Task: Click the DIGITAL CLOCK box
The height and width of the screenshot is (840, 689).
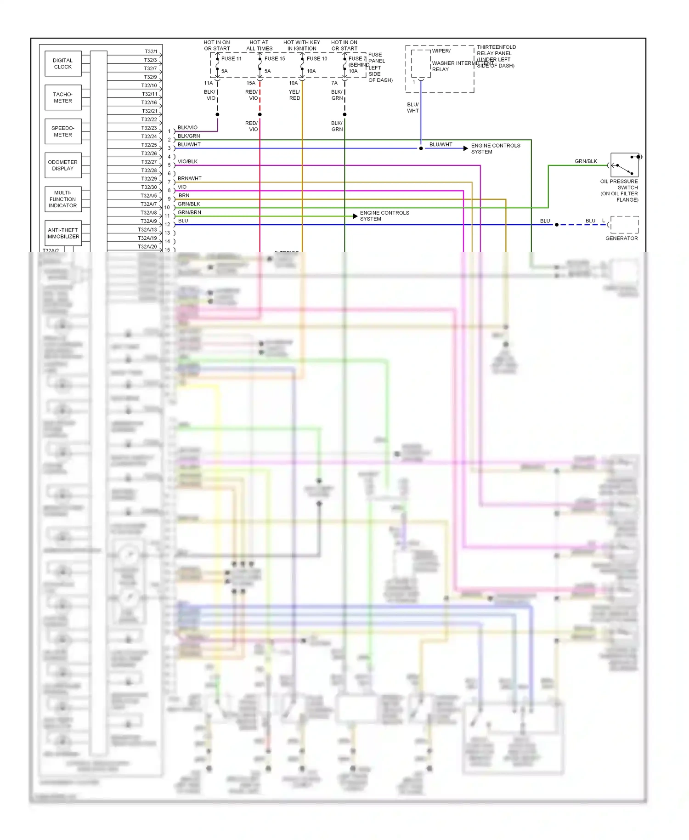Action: click(x=63, y=63)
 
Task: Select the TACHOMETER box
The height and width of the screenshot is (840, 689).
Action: click(x=63, y=97)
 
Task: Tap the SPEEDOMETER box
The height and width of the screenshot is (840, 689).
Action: click(x=63, y=131)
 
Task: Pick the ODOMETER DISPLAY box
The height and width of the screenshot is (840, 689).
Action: click(x=63, y=165)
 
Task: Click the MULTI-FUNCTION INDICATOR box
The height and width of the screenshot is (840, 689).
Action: click(x=63, y=199)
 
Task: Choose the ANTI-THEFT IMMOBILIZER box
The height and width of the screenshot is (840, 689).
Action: click(x=63, y=233)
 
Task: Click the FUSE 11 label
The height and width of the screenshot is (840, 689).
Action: click(x=231, y=59)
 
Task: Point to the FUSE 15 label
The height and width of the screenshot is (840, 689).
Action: click(x=274, y=59)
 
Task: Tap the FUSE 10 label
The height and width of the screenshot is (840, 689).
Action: click(x=317, y=59)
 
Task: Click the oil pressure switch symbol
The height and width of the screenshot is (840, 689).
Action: click(x=624, y=165)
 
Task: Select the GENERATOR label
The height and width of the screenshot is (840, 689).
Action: click(x=621, y=238)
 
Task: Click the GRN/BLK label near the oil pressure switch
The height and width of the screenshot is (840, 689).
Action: click(x=586, y=161)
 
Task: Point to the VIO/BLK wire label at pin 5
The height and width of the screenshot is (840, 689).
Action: click(x=187, y=162)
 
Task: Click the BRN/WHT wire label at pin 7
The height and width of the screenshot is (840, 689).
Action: click(x=189, y=179)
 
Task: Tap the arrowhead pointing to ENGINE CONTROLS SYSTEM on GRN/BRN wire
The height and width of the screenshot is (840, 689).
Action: click(x=355, y=216)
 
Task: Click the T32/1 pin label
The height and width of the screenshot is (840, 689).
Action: click(x=151, y=51)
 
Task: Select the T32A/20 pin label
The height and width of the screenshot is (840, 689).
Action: click(x=147, y=247)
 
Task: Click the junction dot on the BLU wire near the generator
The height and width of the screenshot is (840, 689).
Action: click(x=557, y=225)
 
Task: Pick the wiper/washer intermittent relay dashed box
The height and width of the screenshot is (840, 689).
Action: click(x=420, y=63)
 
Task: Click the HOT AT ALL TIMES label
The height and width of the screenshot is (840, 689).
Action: click(x=259, y=45)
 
